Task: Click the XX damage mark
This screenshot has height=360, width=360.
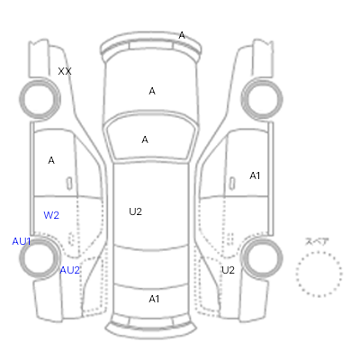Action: click(65, 71)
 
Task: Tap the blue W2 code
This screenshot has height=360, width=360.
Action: click(51, 215)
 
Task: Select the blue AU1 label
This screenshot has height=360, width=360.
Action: click(22, 241)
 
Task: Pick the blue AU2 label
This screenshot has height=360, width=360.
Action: click(70, 270)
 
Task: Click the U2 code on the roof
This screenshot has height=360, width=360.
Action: click(135, 211)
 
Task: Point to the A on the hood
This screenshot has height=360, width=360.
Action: click(152, 91)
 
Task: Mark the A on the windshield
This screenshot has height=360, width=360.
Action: click(145, 139)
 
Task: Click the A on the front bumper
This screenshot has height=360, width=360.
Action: click(182, 35)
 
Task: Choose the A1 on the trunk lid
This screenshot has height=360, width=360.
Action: click(154, 299)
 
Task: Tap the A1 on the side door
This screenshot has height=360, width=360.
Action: click(255, 175)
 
